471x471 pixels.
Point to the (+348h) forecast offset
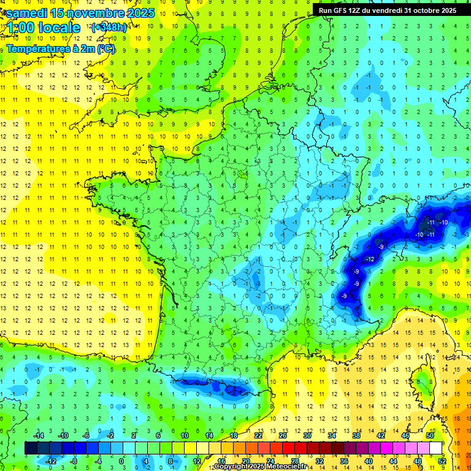click(110, 28)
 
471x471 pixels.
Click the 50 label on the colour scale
click(429, 435)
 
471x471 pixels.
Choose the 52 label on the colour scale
click(442, 461)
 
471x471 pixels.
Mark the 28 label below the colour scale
click(294, 461)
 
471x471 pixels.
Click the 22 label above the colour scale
click(258, 435)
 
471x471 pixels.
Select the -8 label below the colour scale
click(73, 461)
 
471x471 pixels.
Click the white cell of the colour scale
click(436, 448)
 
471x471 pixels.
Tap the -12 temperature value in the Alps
click(369, 259)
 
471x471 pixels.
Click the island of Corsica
click(423, 380)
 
